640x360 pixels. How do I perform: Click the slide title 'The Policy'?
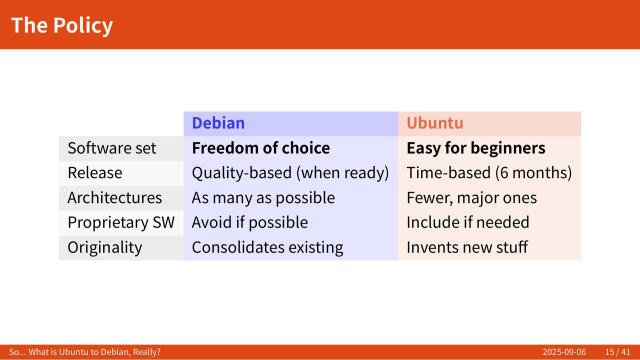[x=62, y=25]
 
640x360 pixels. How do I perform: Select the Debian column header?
[x=218, y=123]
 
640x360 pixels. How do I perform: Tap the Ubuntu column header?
[x=434, y=123]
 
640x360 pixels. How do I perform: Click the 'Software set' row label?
[x=112, y=148]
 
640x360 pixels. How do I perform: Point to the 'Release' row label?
[x=95, y=173]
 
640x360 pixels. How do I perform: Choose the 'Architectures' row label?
[x=114, y=198]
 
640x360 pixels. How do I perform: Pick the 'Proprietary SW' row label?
[x=118, y=222]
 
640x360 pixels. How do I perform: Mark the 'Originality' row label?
[x=105, y=247]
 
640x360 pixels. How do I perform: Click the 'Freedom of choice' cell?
[x=261, y=148]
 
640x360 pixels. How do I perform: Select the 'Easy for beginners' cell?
[x=475, y=148]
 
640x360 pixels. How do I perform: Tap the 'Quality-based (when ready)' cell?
[x=290, y=173]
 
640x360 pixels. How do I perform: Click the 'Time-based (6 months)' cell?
[x=489, y=173]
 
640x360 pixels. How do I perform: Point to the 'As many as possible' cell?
[x=263, y=198]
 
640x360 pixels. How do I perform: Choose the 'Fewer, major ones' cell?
[x=471, y=198]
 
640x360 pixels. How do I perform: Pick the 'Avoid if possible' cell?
[x=250, y=222]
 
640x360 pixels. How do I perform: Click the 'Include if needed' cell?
[x=468, y=222]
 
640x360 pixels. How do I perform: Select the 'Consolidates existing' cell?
[x=267, y=247]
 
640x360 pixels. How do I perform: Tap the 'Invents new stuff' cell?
[x=467, y=247]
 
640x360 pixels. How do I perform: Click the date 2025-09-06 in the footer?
[x=565, y=352]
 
